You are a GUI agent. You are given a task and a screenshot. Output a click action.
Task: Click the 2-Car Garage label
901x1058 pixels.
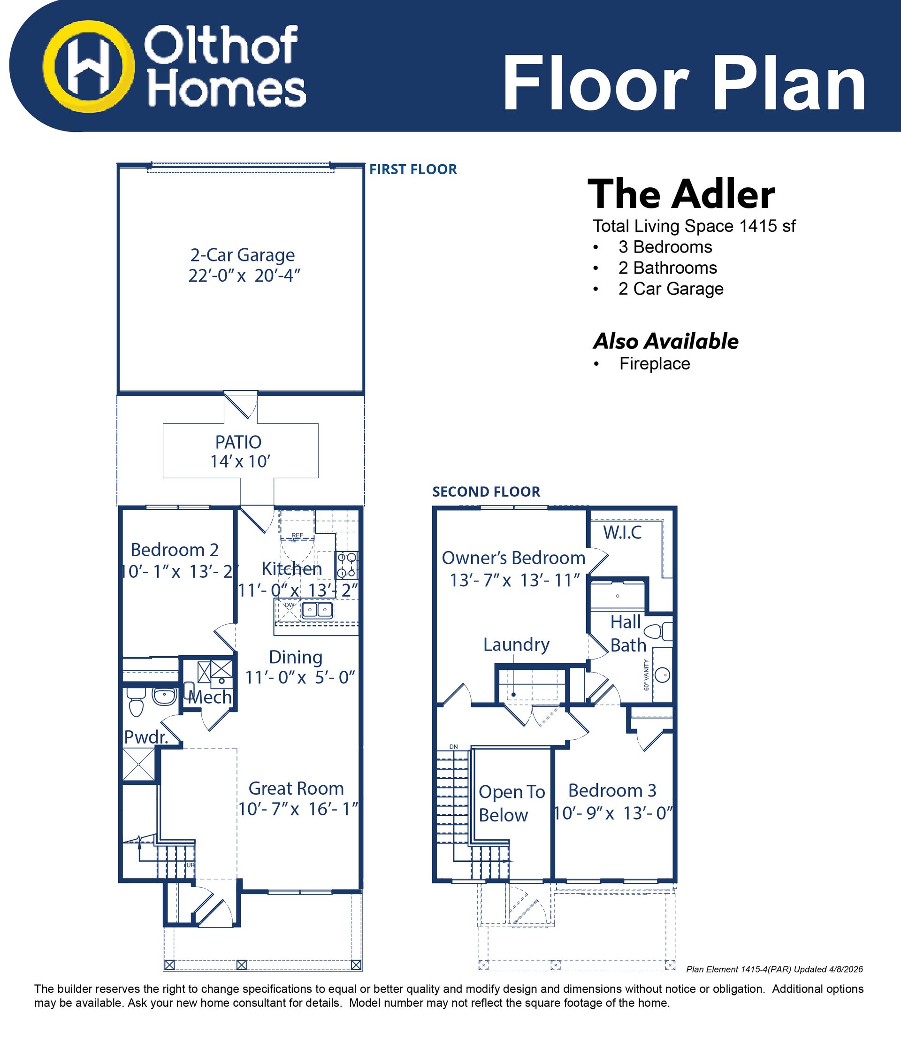[243, 255]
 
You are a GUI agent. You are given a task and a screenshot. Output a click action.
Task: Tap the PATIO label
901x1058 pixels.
[238, 442]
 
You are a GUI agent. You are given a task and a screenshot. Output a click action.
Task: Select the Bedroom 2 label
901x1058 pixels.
[175, 550]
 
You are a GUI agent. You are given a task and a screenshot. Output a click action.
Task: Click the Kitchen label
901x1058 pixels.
[291, 568]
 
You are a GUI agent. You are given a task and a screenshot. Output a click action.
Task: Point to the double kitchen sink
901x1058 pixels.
[317, 610]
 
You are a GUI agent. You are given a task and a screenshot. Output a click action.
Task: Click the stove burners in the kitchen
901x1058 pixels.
[347, 565]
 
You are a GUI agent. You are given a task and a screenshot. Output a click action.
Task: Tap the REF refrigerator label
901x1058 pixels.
[297, 535]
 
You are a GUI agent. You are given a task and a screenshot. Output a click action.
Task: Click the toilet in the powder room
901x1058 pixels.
[136, 702]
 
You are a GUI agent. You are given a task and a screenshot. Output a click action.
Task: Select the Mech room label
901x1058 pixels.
[210, 697]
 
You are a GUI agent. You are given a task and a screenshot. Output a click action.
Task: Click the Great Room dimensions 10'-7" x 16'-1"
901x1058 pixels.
[298, 809]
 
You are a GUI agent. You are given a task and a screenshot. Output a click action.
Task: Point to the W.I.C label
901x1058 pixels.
[622, 532]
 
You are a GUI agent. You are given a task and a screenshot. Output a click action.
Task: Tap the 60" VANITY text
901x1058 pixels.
[646, 675]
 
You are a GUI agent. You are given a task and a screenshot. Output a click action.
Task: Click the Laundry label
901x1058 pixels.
[516, 644]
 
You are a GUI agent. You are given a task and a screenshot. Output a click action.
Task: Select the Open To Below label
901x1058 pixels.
[512, 803]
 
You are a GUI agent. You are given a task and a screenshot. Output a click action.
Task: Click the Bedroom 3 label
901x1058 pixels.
[612, 790]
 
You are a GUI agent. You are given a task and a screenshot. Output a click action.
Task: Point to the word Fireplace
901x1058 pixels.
[655, 364]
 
